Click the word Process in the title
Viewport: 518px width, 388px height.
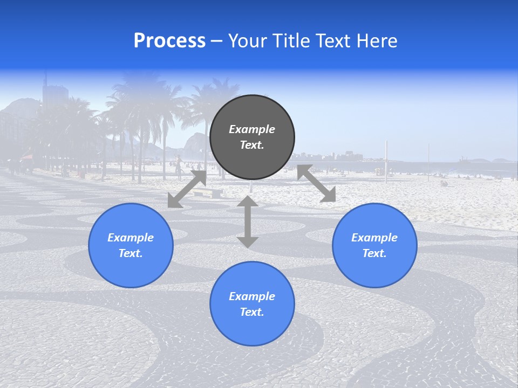tap(169, 41)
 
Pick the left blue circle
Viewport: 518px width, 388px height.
tap(131, 245)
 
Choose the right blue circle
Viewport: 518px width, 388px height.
tap(374, 245)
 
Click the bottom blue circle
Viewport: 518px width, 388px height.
tap(252, 303)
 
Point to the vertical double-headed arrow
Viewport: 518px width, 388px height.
tap(248, 221)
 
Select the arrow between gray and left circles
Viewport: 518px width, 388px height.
tap(187, 189)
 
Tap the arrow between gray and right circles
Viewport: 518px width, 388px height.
tap(316, 184)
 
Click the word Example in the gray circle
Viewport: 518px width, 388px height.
tap(252, 129)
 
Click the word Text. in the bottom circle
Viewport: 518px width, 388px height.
tap(252, 312)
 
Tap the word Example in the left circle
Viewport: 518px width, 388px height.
tap(131, 238)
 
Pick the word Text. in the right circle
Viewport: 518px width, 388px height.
tap(374, 253)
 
